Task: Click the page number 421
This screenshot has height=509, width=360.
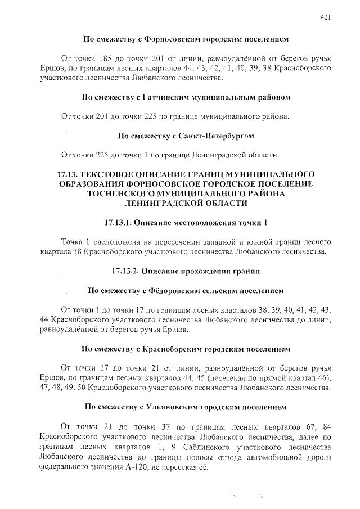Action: click(325, 17)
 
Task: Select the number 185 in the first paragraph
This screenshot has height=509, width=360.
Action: click(106, 58)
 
